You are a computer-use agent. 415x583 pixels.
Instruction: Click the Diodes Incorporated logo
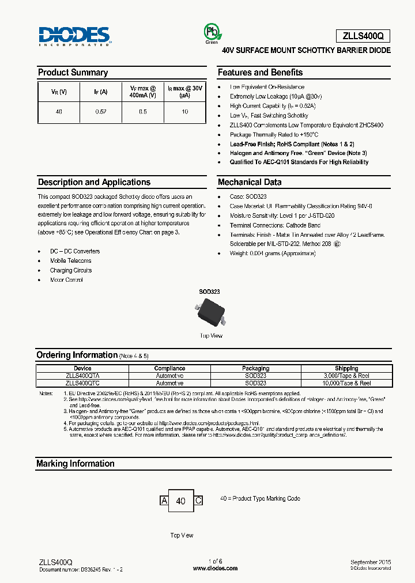(75, 36)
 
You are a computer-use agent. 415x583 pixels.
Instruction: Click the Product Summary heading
(73, 73)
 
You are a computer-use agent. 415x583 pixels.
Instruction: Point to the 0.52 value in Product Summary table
(101, 111)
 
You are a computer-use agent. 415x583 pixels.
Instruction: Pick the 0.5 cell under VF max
(143, 111)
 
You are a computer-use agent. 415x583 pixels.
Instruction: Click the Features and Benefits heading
(260, 73)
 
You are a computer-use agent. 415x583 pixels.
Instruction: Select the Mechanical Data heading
(250, 182)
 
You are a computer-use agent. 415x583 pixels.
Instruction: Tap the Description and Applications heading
(94, 182)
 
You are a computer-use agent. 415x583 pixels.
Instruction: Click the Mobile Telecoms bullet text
(70, 261)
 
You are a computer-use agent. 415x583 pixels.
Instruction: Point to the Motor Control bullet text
(66, 280)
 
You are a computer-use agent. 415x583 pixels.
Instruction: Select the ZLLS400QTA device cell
(82, 376)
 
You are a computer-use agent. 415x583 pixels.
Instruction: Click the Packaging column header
(255, 368)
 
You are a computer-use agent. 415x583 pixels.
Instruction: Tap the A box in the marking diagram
(164, 501)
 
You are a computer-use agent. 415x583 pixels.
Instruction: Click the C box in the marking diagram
(198, 501)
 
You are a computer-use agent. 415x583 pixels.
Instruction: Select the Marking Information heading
(76, 464)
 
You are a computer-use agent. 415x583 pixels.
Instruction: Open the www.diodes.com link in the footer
(215, 568)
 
